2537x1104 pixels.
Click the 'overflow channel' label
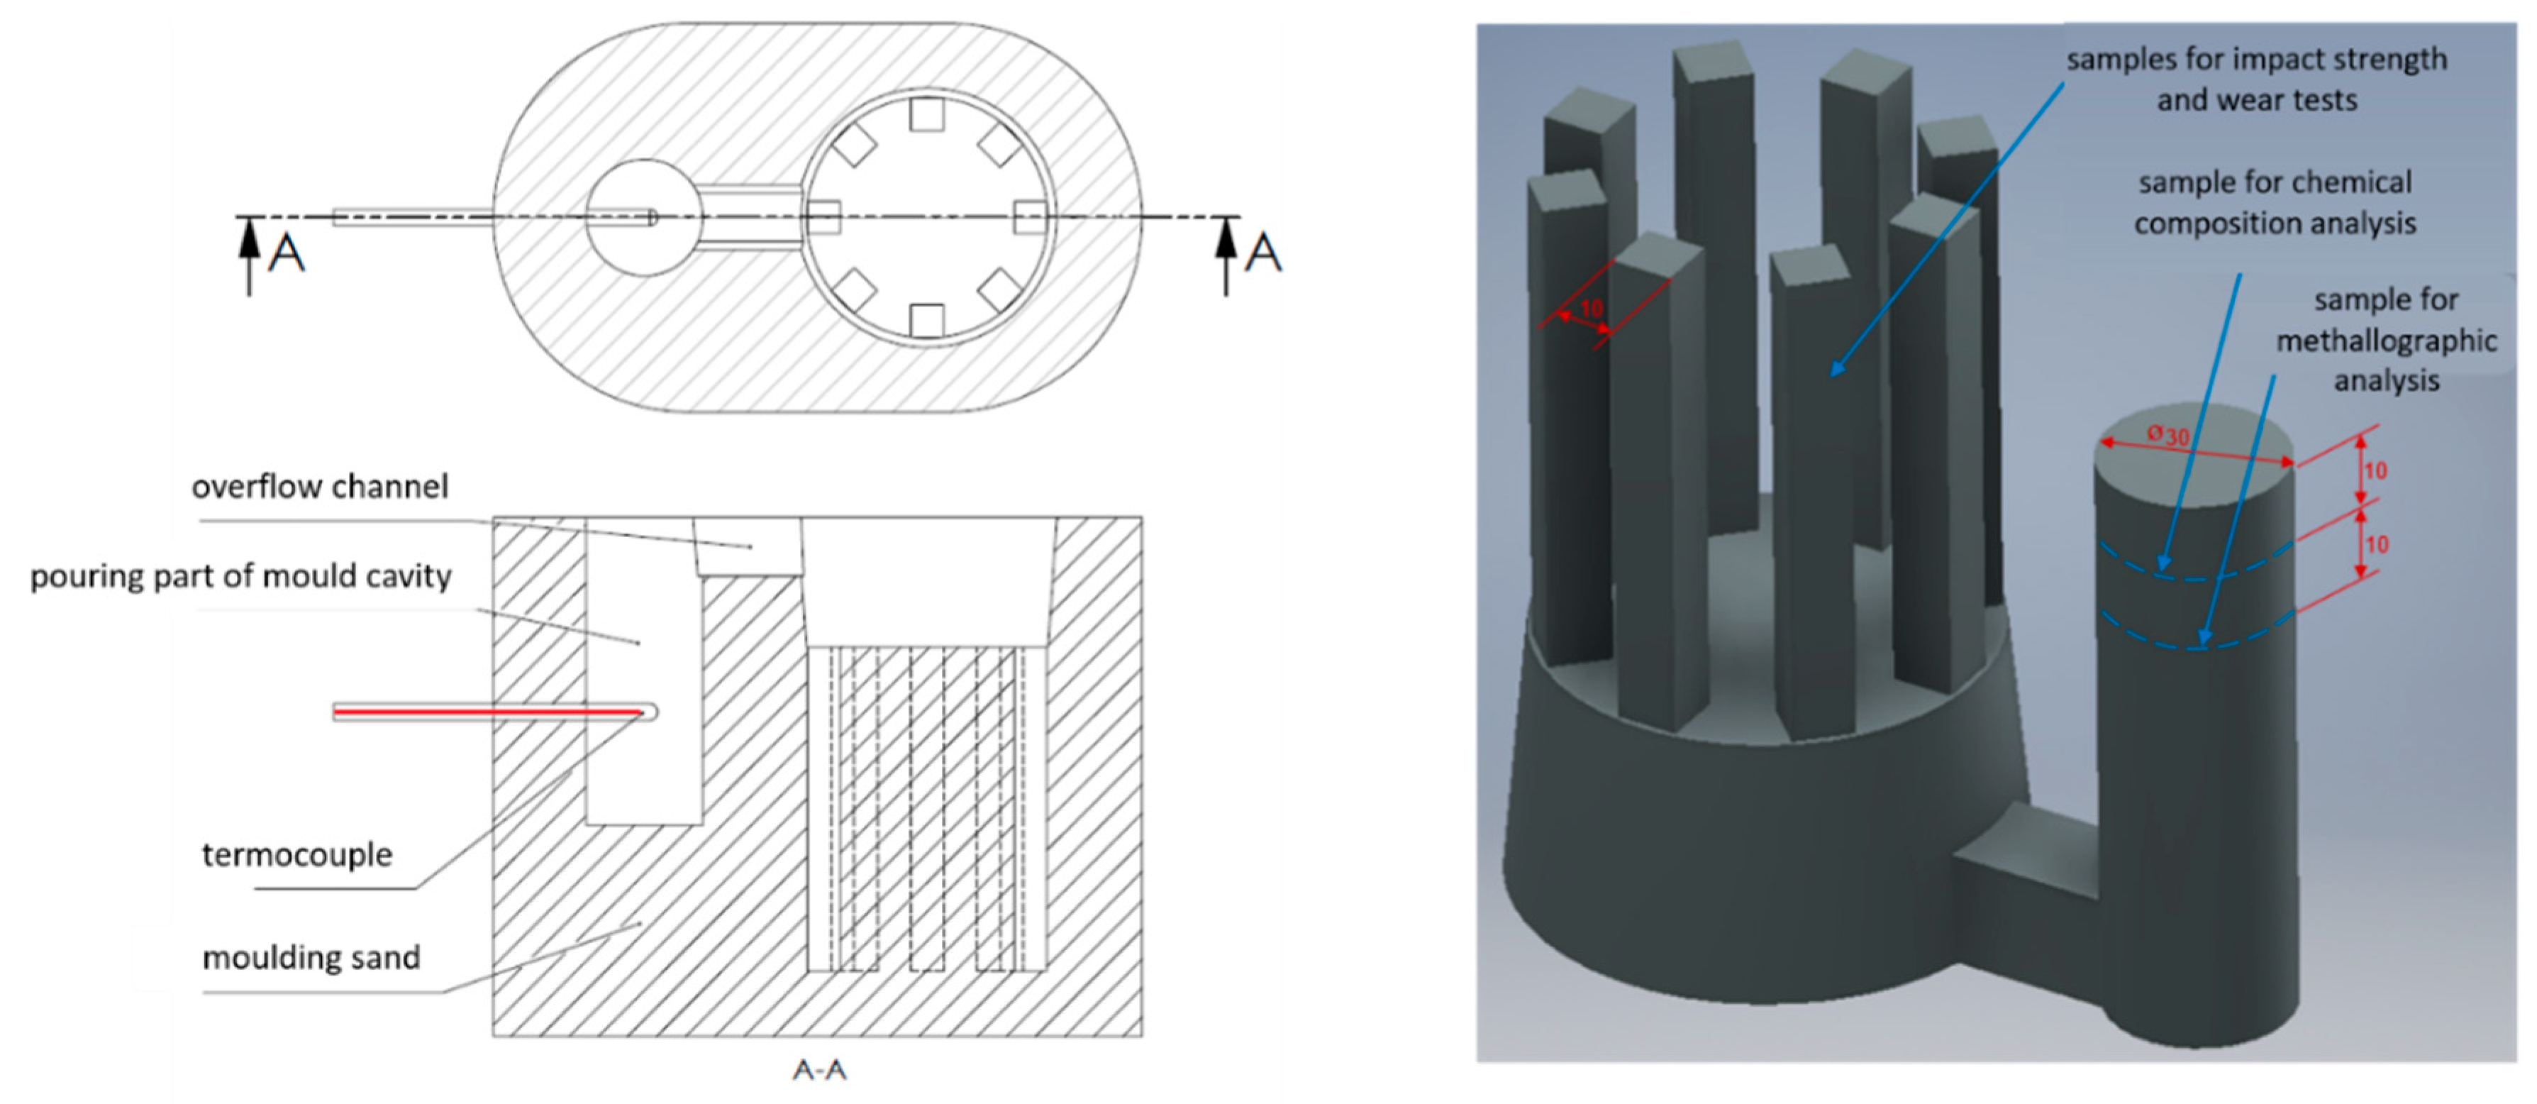319,487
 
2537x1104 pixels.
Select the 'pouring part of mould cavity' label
240,576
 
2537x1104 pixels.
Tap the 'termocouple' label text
296,855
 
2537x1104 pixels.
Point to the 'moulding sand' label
311,957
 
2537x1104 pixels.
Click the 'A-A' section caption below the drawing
819,1069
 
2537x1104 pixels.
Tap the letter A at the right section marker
1264,253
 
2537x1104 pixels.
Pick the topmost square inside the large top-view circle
927,114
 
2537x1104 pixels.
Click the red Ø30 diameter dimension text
2169,434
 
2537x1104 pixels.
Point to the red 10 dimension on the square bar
1592,308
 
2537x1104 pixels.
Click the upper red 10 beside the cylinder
2375,470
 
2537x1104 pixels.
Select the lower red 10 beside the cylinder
2377,545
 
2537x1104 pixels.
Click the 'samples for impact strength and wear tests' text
2256,79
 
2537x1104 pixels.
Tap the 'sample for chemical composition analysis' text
2275,203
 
